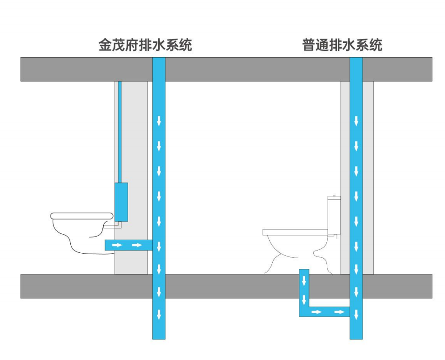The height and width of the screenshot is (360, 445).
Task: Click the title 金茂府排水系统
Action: [x=145, y=46]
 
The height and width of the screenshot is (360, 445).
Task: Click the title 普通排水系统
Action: [x=342, y=46]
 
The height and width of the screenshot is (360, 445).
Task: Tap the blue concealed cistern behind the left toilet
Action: [x=121, y=201]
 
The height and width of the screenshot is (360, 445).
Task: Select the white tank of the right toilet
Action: [x=334, y=214]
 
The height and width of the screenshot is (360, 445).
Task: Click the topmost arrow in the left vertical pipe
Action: [x=159, y=121]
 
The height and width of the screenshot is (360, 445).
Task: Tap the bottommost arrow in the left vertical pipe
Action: [x=159, y=314]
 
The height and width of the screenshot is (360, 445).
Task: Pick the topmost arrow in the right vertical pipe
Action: [x=356, y=121]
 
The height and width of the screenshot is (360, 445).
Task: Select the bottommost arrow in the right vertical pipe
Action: [x=356, y=314]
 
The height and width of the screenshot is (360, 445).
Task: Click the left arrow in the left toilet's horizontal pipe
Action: [x=117, y=245]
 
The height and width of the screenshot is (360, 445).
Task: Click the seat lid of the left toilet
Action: [x=81, y=215]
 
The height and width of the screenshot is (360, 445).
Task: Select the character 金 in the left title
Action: [x=105, y=46]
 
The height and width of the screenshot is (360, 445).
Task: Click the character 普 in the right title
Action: [x=309, y=46]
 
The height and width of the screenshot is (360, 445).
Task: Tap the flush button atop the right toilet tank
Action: [x=334, y=197]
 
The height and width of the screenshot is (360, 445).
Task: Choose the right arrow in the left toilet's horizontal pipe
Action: [x=137, y=245]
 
